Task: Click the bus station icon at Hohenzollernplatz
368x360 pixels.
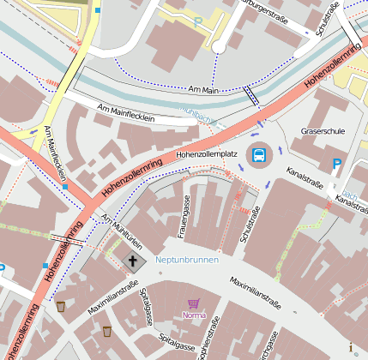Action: point(257,155)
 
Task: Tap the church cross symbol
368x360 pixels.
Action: point(133,261)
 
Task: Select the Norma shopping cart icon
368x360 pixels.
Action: point(194,303)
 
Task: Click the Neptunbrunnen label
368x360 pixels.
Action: point(187,259)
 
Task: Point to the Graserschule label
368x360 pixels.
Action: point(323,131)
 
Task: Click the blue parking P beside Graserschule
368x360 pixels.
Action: point(337,163)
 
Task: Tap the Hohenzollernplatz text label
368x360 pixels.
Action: point(206,153)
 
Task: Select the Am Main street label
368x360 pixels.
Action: point(205,89)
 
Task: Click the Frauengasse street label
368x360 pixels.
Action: point(183,217)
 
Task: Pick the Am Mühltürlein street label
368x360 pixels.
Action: point(121,232)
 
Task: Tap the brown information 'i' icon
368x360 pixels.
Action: point(351,347)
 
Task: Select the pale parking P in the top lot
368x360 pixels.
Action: point(198,21)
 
